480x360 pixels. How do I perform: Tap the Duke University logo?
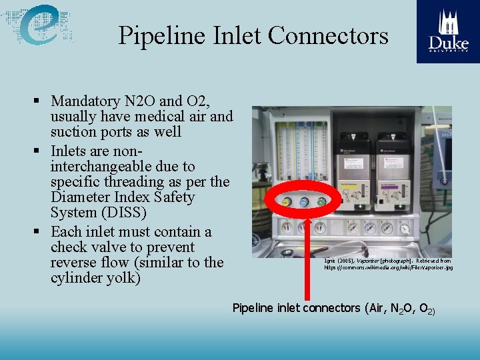(447, 31)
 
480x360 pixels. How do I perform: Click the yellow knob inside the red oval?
(285, 202)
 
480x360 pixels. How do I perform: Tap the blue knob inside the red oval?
(303, 202)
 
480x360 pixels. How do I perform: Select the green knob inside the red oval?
(321, 202)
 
